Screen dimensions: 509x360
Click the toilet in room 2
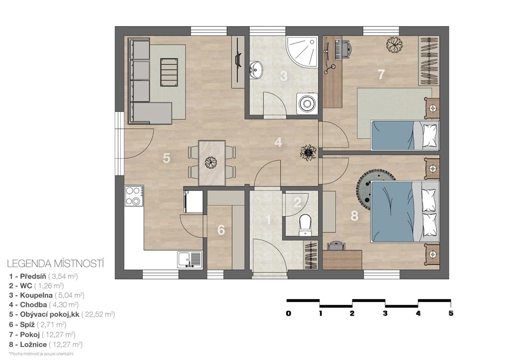click(x=305, y=224)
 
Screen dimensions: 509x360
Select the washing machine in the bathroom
click(x=306, y=103)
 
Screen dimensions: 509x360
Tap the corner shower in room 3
click(x=302, y=51)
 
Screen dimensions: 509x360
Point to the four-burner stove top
click(x=134, y=196)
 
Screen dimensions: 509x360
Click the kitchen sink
click(x=189, y=260)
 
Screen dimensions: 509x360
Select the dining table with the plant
click(x=212, y=162)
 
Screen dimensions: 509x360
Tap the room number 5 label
click(x=166, y=159)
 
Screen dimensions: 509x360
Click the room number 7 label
click(x=381, y=75)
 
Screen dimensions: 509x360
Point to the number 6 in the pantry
click(x=221, y=230)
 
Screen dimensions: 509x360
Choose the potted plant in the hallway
click(x=308, y=152)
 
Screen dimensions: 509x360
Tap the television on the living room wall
click(x=238, y=60)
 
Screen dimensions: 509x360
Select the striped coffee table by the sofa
click(x=169, y=72)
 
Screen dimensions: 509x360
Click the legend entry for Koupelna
click(x=47, y=295)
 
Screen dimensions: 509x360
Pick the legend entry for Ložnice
click(x=46, y=345)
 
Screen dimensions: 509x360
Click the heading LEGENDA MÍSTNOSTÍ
click(x=56, y=263)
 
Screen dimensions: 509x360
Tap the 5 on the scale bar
click(x=451, y=314)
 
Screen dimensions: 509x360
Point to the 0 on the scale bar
click(x=289, y=314)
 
